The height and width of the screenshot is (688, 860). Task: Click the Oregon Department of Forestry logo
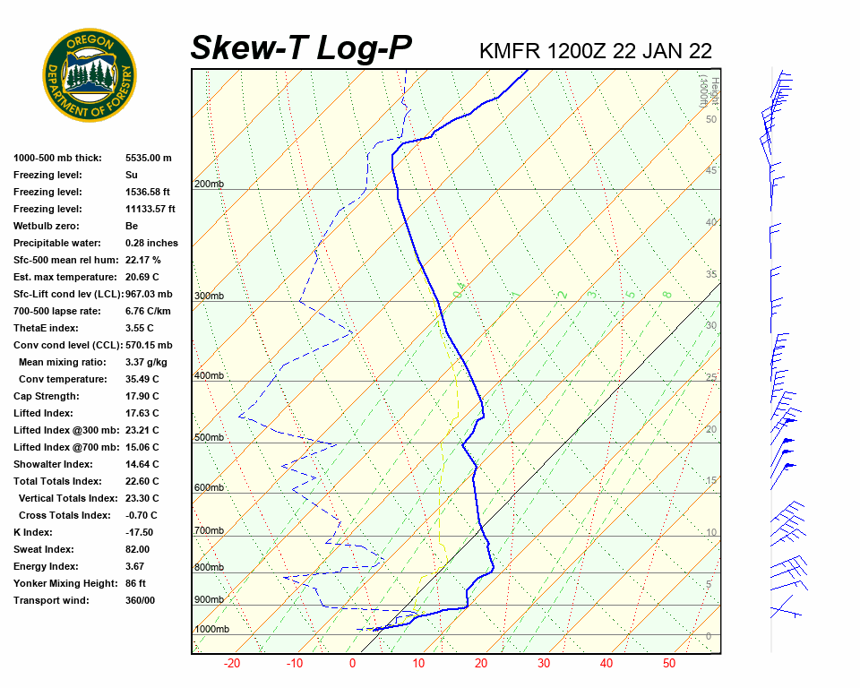tap(90, 74)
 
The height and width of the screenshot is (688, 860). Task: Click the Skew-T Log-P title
tap(301, 47)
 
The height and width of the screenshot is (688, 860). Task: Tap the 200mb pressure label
tap(209, 185)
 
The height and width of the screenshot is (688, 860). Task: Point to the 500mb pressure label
tap(209, 438)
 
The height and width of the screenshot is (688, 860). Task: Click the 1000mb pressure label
tap(211, 630)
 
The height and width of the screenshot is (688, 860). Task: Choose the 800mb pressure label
tap(209, 568)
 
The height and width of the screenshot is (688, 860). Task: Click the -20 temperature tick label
tap(232, 664)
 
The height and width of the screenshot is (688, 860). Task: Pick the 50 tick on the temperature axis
tap(669, 664)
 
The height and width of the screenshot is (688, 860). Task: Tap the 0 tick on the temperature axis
tap(352, 664)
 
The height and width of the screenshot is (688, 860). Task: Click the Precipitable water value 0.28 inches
tap(151, 243)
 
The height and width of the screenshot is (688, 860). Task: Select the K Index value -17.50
tap(141, 532)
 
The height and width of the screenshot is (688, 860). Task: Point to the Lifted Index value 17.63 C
tap(142, 413)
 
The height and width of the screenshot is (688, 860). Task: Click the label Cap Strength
tap(47, 396)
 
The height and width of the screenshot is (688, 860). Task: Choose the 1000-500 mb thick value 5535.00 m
tap(148, 158)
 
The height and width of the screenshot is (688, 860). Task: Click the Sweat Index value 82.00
tap(138, 549)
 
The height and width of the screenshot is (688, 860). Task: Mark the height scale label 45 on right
tap(711, 170)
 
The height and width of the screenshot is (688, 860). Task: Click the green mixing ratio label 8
tap(666, 294)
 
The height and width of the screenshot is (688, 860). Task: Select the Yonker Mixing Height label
tap(64, 583)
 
